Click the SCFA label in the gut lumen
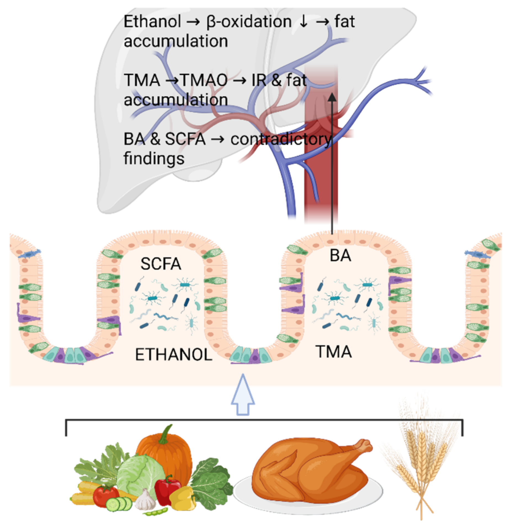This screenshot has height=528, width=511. tap(161, 264)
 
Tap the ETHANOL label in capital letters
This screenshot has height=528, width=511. tap(174, 354)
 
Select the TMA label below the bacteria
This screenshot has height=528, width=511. tap(334, 352)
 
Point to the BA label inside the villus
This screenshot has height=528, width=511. tap(340, 256)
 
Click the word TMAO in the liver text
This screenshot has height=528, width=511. tap(204, 80)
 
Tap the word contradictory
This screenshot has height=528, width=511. tap(281, 139)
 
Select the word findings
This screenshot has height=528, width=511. tap(154, 159)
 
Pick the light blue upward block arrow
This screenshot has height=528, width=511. tap(243, 395)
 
